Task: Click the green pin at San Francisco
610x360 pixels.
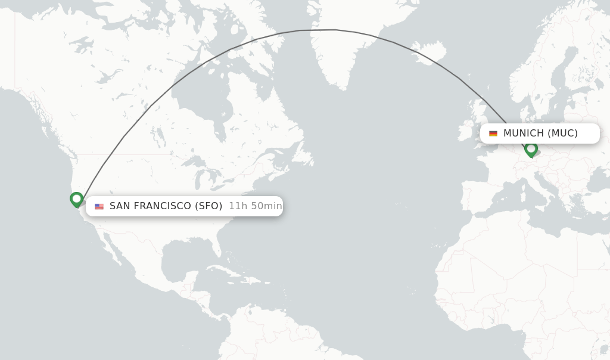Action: point(76,199)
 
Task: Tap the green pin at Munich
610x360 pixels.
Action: point(531,148)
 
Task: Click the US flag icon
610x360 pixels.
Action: point(99,206)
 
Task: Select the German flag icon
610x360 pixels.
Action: point(493,134)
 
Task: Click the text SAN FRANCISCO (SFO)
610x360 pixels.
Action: point(166,206)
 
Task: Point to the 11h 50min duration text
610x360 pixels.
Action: point(256,206)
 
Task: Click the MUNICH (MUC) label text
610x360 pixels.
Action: point(540,134)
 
